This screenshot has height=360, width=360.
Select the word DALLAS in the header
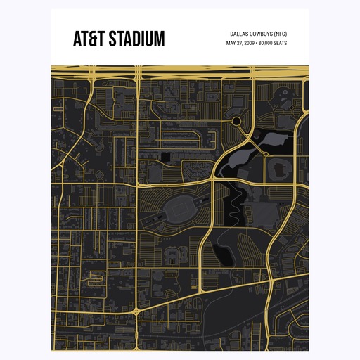point(241,34)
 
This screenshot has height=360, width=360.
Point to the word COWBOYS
point(265,34)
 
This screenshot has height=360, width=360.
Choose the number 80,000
point(267,44)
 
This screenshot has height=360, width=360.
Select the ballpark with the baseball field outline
point(280,168)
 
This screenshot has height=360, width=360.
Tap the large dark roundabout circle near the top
point(237,122)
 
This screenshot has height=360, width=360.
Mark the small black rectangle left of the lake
point(166,155)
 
